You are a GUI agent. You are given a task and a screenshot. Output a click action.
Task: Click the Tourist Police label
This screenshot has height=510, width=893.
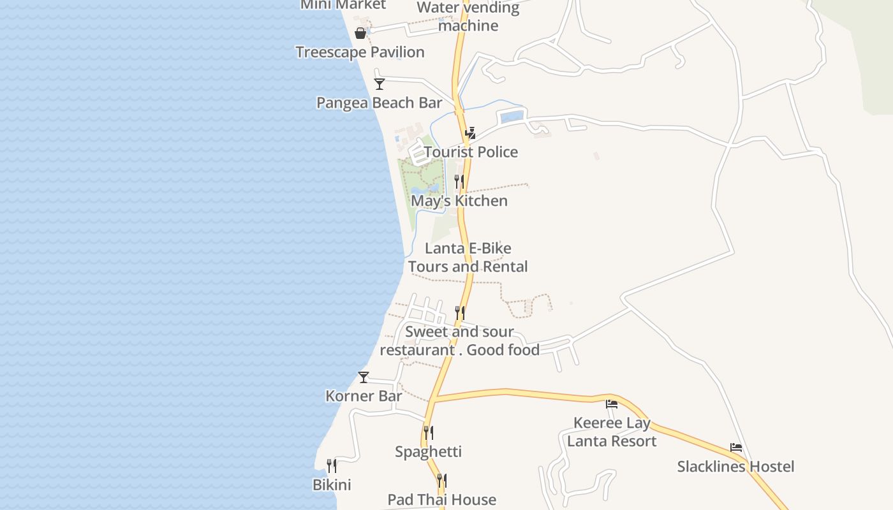(471, 152)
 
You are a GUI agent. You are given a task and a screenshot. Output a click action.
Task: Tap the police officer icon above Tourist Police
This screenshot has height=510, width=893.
(470, 133)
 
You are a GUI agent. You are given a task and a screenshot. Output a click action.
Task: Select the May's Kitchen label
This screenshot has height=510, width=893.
(459, 201)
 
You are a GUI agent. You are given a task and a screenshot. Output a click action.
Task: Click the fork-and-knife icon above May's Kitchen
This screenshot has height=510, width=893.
(459, 182)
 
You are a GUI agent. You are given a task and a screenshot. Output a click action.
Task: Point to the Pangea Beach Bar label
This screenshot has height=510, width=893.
(380, 103)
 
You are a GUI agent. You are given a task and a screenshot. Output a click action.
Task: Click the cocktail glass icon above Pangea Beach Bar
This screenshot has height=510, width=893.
(380, 84)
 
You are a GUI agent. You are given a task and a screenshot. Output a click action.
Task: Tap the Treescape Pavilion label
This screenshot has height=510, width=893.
(360, 52)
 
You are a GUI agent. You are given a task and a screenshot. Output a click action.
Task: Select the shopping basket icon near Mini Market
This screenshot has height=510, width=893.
(360, 33)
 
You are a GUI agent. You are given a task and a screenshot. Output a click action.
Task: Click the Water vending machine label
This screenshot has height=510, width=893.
(468, 17)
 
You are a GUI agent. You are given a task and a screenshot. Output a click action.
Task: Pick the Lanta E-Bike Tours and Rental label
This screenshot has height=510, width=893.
(468, 258)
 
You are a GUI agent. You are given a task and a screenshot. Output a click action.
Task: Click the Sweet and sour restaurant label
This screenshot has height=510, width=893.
(459, 340)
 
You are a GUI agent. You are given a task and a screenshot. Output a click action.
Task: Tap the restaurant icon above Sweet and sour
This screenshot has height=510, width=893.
(459, 312)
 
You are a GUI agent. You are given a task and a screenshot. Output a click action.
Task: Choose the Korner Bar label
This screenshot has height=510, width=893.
(364, 396)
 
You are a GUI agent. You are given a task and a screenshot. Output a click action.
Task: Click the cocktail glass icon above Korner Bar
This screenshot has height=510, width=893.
(364, 377)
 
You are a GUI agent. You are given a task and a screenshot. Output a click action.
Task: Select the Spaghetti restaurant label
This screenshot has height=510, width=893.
(428, 452)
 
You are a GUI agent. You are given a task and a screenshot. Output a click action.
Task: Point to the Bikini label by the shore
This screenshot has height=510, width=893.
(332, 485)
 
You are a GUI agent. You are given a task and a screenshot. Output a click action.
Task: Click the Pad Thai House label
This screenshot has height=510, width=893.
(441, 500)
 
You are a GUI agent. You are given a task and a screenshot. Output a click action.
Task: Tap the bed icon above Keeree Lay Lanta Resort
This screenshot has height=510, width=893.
(612, 404)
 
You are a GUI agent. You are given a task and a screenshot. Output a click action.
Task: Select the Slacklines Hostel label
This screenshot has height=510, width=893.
(735, 467)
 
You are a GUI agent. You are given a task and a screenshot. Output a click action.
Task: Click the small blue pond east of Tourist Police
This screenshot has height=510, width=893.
(512, 117)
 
